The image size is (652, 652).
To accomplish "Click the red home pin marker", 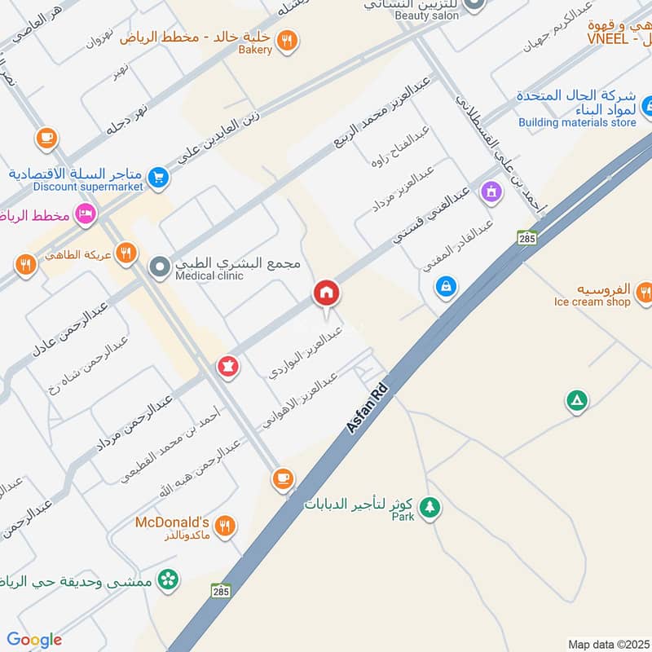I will [326, 293].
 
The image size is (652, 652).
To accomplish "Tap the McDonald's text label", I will [173, 522].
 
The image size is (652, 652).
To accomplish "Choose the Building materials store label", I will [577, 122].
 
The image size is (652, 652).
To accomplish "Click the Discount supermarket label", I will [88, 187].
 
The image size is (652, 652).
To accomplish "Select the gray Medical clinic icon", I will [160, 266].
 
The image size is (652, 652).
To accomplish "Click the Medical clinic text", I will [209, 276].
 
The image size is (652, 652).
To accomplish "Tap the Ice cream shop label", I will [592, 302].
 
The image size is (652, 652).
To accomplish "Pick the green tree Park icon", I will [430, 507].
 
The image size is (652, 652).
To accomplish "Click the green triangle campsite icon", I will [576, 400].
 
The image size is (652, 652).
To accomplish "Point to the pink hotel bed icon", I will [85, 215].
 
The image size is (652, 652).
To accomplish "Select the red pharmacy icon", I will [228, 367].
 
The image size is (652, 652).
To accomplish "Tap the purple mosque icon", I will [491, 192].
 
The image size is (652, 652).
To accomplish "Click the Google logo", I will [34, 640].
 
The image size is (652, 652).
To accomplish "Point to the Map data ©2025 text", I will [608, 644].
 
